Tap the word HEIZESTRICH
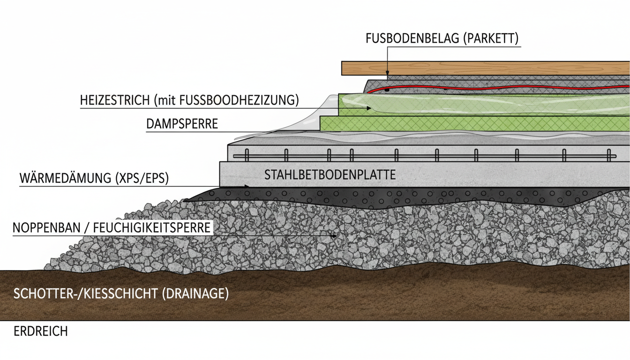coord(111,100)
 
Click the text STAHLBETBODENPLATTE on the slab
coord(330,175)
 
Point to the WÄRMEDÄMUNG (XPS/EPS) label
coord(94,179)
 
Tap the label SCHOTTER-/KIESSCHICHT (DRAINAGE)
coord(121,294)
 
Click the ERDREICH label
coord(41,331)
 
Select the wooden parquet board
coord(483,68)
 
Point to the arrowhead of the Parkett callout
coord(388,74)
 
